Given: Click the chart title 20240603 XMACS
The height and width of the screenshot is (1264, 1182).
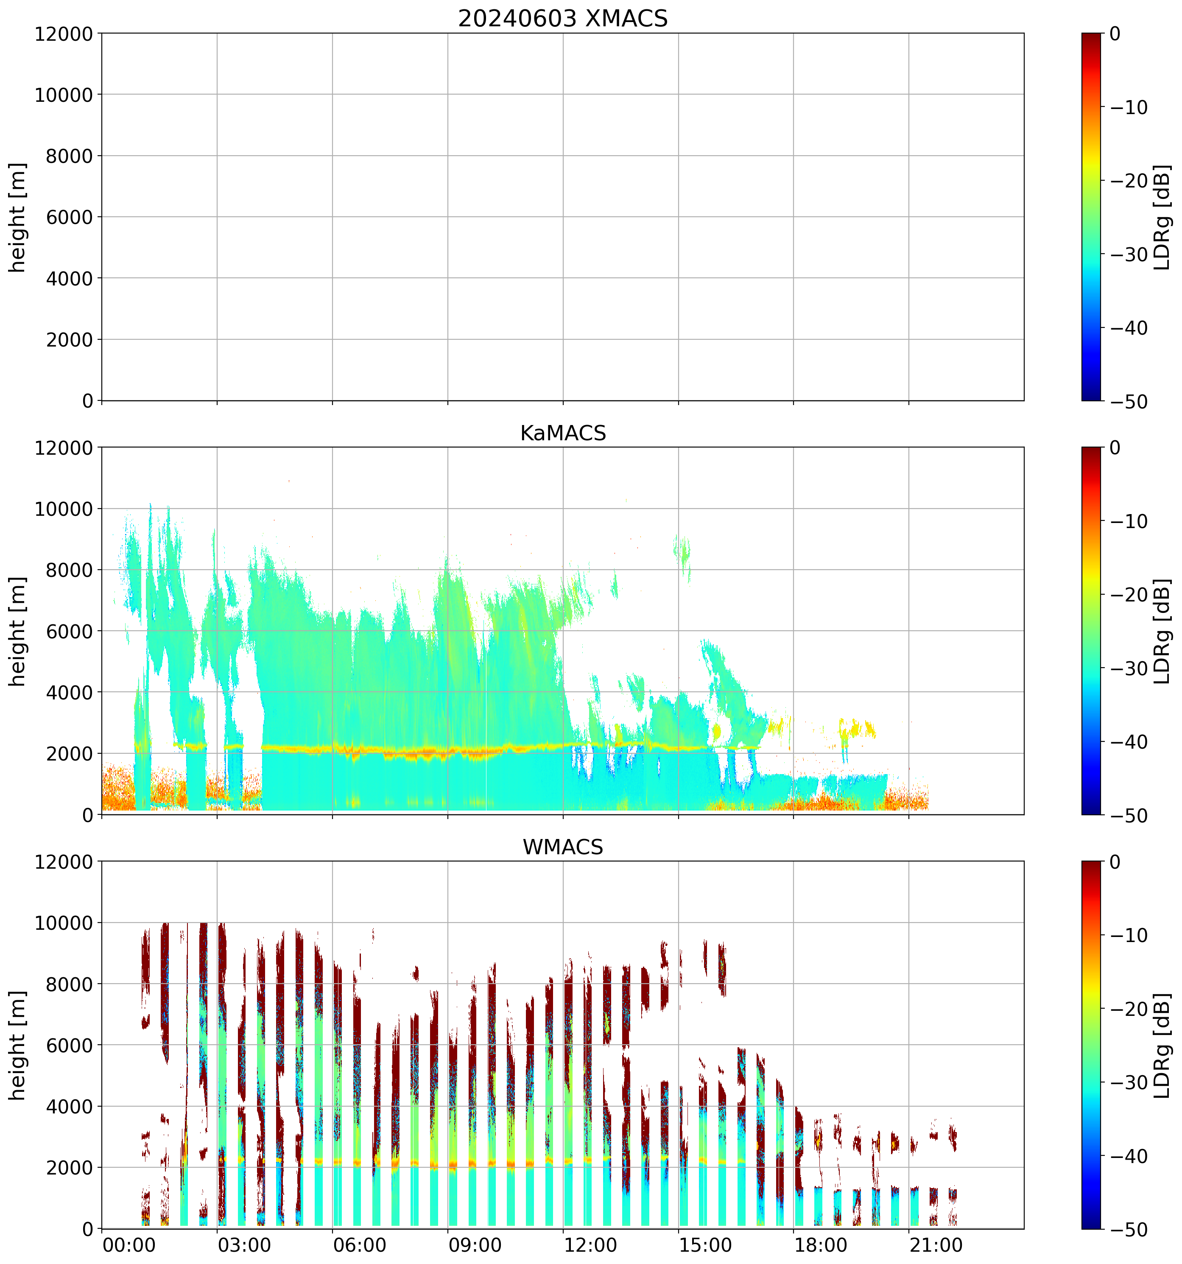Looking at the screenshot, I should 563,18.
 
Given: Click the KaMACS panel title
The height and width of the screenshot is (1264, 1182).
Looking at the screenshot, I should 563,433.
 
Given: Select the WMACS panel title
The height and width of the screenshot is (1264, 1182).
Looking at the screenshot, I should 563,847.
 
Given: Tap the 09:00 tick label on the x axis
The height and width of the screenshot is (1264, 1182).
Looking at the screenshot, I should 474,1245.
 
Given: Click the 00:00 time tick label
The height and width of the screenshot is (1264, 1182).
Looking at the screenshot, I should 129,1245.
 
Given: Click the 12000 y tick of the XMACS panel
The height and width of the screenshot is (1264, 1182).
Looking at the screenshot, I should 64,34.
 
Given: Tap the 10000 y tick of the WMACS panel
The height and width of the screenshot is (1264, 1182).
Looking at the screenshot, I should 64,923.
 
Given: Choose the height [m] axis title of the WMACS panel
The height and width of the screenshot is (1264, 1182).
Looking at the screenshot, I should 18,1045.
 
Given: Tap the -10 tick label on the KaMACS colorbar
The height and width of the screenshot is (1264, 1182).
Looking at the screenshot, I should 1129,521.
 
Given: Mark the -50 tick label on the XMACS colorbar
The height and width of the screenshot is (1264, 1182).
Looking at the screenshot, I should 1129,402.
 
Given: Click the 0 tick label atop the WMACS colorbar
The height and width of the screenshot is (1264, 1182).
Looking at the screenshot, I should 1115,862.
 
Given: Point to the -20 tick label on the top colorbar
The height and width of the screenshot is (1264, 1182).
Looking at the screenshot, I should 1129,181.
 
